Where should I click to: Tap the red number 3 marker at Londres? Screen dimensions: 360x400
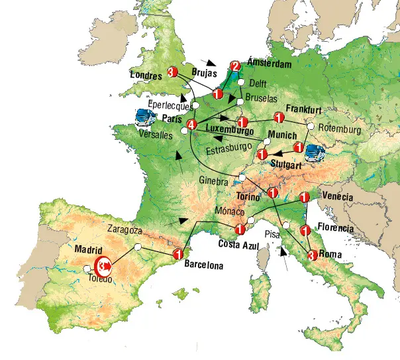[174, 71]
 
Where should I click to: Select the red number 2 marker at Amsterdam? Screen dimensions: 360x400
[234, 66]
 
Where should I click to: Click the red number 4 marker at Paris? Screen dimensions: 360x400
[192, 125]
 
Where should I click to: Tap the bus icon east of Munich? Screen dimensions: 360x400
[315, 152]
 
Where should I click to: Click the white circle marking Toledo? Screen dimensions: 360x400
[88, 269]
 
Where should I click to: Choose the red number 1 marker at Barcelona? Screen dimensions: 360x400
[177, 254]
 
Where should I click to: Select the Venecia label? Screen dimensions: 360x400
[338, 197]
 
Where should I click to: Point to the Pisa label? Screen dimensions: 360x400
[272, 233]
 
